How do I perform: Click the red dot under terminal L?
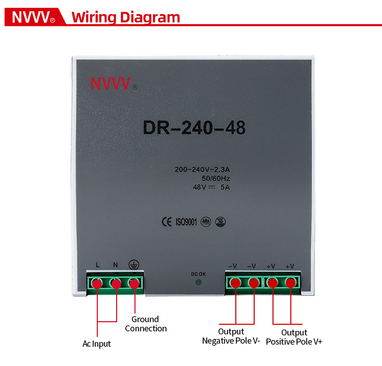click(x=97, y=284)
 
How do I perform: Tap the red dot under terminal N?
click(x=116, y=284)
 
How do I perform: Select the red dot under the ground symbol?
click(x=134, y=284)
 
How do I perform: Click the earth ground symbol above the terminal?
click(x=134, y=265)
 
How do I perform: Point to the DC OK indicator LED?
click(x=199, y=282)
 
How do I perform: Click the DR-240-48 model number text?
click(x=194, y=128)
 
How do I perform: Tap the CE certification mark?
click(x=167, y=222)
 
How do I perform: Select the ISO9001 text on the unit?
click(x=186, y=222)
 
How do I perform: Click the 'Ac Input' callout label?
click(x=96, y=344)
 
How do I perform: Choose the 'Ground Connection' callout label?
click(x=146, y=324)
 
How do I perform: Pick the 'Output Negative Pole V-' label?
click(x=231, y=336)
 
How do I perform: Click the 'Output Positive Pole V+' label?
click(x=294, y=337)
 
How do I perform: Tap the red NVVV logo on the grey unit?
click(x=110, y=83)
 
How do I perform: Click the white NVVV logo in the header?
click(x=31, y=17)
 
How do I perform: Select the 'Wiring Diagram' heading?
click(x=126, y=17)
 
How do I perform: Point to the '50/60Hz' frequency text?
click(x=216, y=179)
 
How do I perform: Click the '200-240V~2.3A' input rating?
click(x=202, y=170)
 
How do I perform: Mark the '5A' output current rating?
click(x=225, y=187)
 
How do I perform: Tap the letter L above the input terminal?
click(x=98, y=265)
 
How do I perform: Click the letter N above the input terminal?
click(x=116, y=265)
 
